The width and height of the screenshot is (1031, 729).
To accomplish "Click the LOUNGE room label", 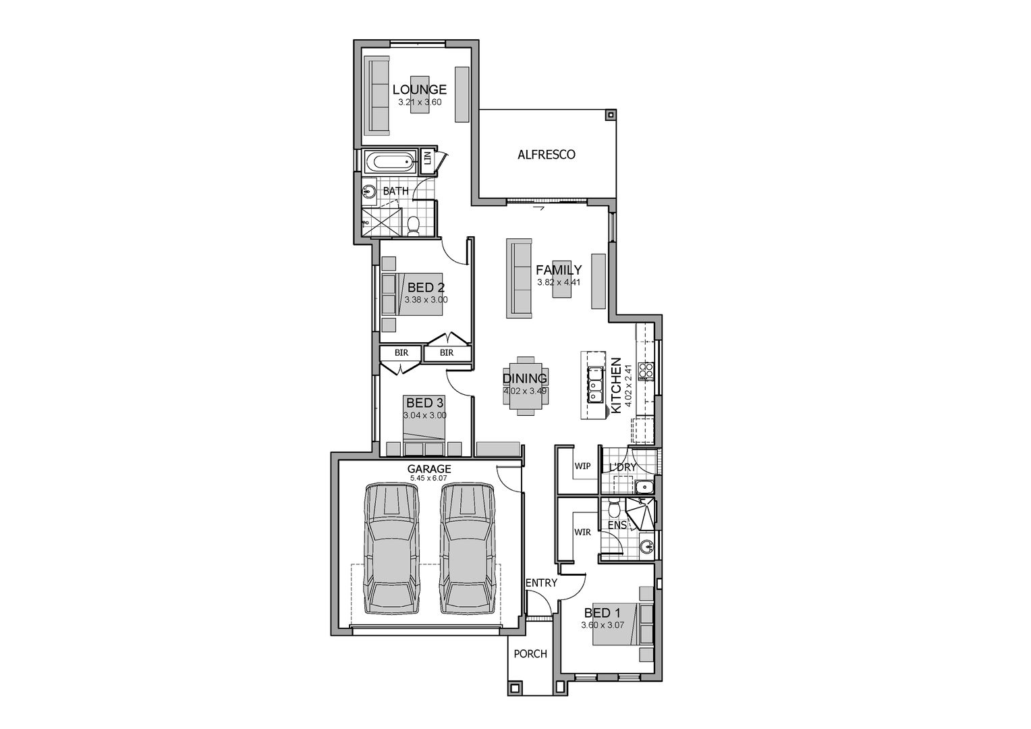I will pos(419,89).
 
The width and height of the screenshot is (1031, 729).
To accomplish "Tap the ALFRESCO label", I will pos(546,155).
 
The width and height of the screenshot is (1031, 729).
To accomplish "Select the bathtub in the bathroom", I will pos(390,162).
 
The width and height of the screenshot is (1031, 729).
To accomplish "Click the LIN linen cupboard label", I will pos(427,159).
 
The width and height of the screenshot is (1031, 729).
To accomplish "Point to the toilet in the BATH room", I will pos(414,225).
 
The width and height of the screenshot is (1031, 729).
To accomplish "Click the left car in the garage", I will pos(391,547).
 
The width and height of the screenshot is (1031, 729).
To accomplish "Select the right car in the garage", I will pos(467,547).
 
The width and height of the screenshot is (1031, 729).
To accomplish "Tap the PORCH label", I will pos(530,653).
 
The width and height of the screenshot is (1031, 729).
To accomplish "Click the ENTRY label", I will pos(541,583).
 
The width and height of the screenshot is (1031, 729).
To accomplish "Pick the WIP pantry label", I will pos(582,466).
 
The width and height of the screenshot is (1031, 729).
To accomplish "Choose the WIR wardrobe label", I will pos(582,533).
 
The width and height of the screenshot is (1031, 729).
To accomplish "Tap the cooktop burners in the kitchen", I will pos(646,370).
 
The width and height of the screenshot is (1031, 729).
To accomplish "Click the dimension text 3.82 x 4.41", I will pos(558,282).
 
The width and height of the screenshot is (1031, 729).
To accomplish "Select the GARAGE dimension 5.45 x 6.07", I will pos(428,479).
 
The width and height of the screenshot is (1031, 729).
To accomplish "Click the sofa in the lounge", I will pos(378,95).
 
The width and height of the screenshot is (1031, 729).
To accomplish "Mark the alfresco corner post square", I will pos(611,115).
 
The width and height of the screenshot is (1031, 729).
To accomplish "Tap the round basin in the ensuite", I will pos(646,546).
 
